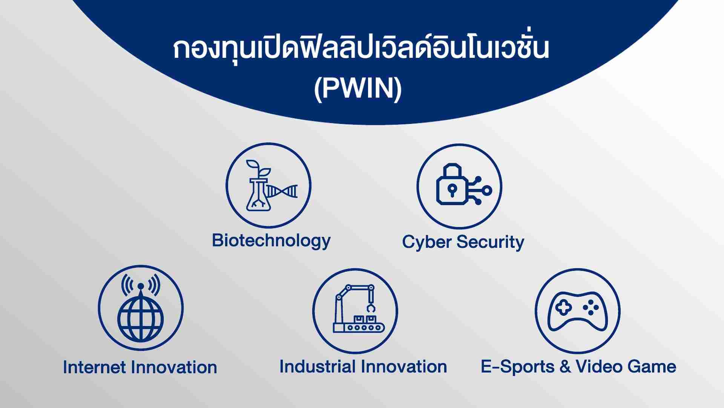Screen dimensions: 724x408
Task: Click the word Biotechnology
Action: pos(271,241)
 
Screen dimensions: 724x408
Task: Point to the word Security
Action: pos(490,242)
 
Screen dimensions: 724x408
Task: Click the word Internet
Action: pos(95,367)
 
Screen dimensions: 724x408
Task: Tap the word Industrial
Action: pos(318,366)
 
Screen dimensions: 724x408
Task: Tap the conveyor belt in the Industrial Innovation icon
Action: pos(358,328)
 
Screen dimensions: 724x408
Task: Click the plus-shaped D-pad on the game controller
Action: pos(563,308)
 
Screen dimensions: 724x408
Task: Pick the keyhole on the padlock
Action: pos(451,189)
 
